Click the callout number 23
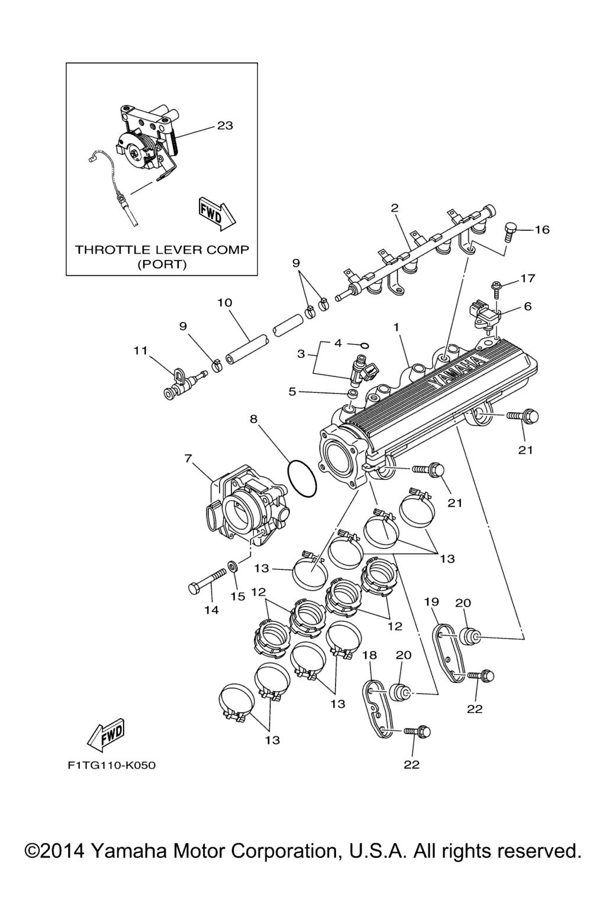tap(225, 125)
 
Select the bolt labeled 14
tap(207, 581)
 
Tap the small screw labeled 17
tap(496, 288)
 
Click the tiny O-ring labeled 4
tap(365, 344)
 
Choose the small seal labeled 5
tap(352, 394)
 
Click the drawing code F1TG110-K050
tap(111, 766)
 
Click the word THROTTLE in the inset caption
tap(105, 249)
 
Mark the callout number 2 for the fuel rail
tap(394, 208)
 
